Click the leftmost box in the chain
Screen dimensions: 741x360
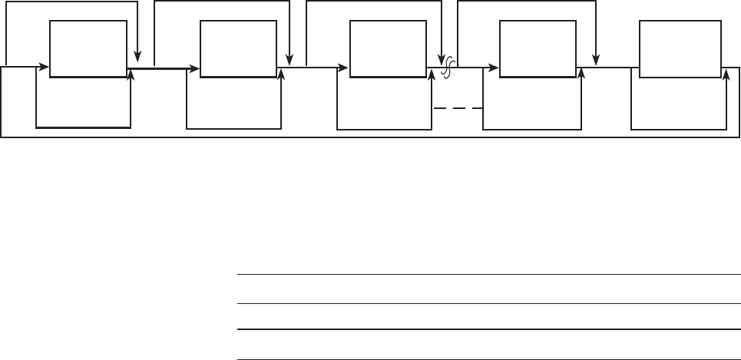(x=88, y=48)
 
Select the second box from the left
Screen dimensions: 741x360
(x=238, y=48)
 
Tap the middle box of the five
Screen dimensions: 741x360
(x=388, y=48)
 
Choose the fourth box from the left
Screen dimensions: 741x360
(x=538, y=48)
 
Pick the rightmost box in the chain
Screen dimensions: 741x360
(x=680, y=48)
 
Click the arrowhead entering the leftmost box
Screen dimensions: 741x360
(x=45, y=68)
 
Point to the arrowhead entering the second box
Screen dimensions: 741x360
(x=195, y=68)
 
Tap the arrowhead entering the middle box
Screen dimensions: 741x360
(x=345, y=68)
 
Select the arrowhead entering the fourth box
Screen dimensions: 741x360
(x=495, y=68)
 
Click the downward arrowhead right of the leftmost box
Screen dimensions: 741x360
(x=137, y=56)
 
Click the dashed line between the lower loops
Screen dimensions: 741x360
(x=458, y=108)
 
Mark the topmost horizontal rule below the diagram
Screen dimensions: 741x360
(x=488, y=274)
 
